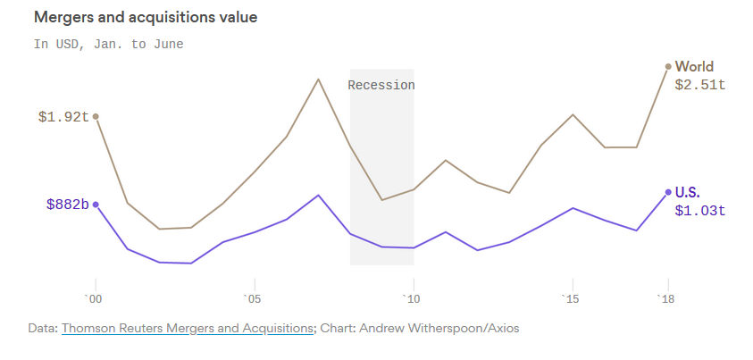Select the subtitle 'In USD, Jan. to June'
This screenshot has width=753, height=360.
pos(108,44)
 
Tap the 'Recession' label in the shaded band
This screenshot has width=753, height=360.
pos(381,85)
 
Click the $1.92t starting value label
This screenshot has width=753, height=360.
pos(63,116)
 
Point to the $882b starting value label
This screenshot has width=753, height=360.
pos(68,205)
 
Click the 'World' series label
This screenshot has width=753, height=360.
pos(694,66)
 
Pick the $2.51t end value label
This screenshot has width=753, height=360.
pos(699,85)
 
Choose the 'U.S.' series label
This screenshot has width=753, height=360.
pos(688,192)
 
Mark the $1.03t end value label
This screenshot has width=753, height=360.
pos(699,211)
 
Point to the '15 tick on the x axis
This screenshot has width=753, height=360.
pos(571,297)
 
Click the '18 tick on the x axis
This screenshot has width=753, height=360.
pos(665,297)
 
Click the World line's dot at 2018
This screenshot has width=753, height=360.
pos(668,66)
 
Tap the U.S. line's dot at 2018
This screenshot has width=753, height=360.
pos(668,192)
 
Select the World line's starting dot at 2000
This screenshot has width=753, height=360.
pos(96,116)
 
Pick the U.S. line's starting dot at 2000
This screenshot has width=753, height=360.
pos(96,205)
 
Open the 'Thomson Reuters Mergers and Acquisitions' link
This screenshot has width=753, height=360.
pos(188,329)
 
